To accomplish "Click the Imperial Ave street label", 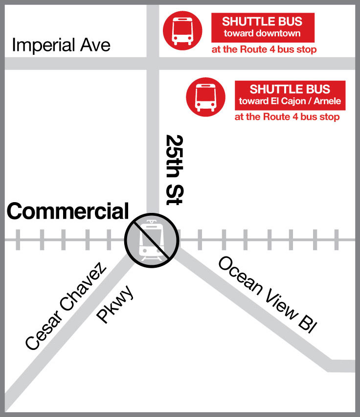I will [x=61, y=46].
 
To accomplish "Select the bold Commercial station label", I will [x=67, y=211].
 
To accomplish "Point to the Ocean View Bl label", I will [x=265, y=294].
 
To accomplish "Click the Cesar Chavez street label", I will [x=66, y=307].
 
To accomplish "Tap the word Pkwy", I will [x=115, y=306].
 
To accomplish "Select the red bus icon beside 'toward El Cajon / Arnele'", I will [x=205, y=97].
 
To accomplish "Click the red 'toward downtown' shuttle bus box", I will [x=262, y=27].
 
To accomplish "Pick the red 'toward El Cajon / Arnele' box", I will [x=290, y=95].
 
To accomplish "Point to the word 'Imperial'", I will [x=43, y=46].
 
